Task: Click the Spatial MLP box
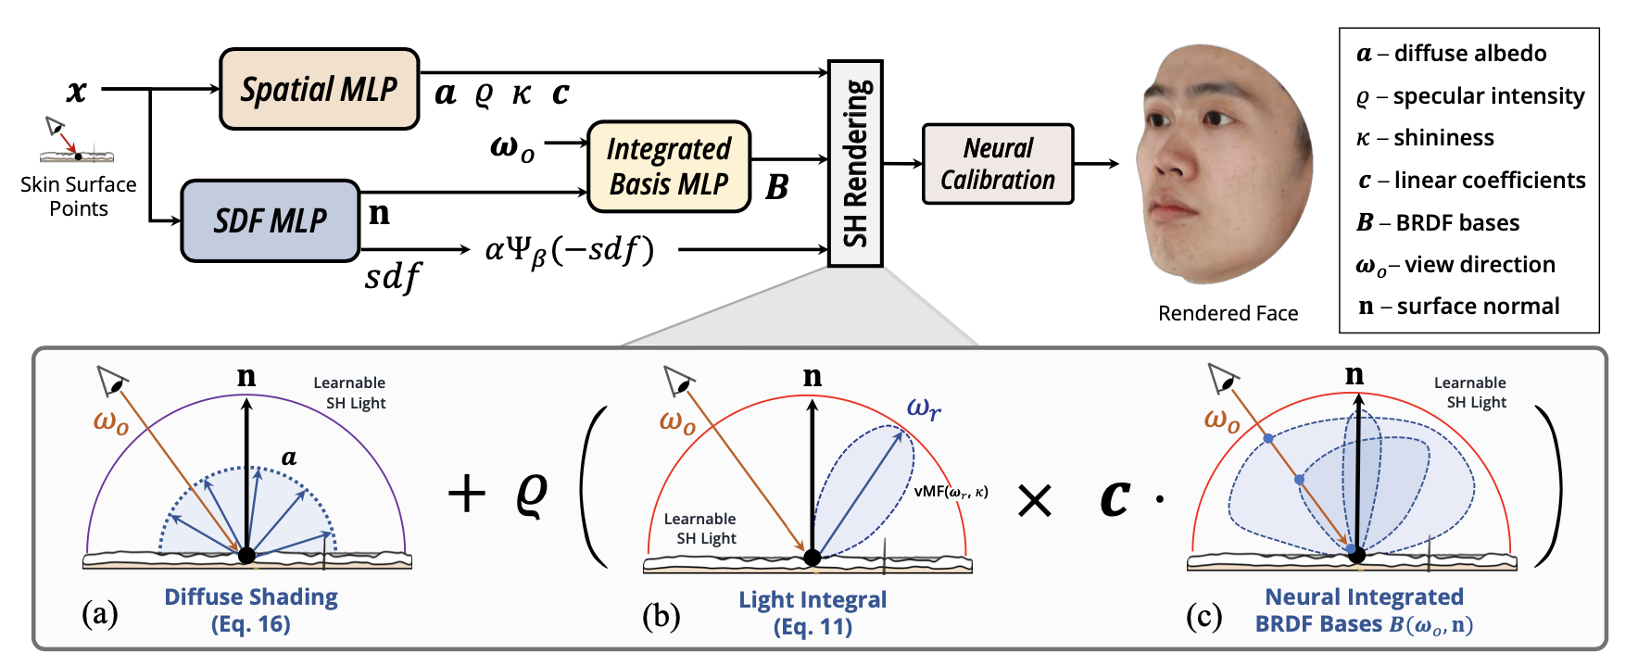click(319, 89)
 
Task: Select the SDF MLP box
click(270, 220)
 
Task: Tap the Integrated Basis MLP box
click(668, 167)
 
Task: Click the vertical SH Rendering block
click(855, 163)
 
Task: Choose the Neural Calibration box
click(998, 164)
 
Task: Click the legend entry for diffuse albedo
click(1452, 54)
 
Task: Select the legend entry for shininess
click(1426, 138)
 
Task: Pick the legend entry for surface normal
click(1459, 307)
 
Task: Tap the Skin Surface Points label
click(79, 196)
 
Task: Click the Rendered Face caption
click(1228, 313)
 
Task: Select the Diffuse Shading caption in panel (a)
click(251, 609)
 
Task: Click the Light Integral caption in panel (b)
click(813, 612)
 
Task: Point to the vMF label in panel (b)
click(951, 492)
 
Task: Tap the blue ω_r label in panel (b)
click(924, 408)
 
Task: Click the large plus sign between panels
click(466, 493)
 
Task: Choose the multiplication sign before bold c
click(1034, 501)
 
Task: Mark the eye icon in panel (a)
click(112, 380)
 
